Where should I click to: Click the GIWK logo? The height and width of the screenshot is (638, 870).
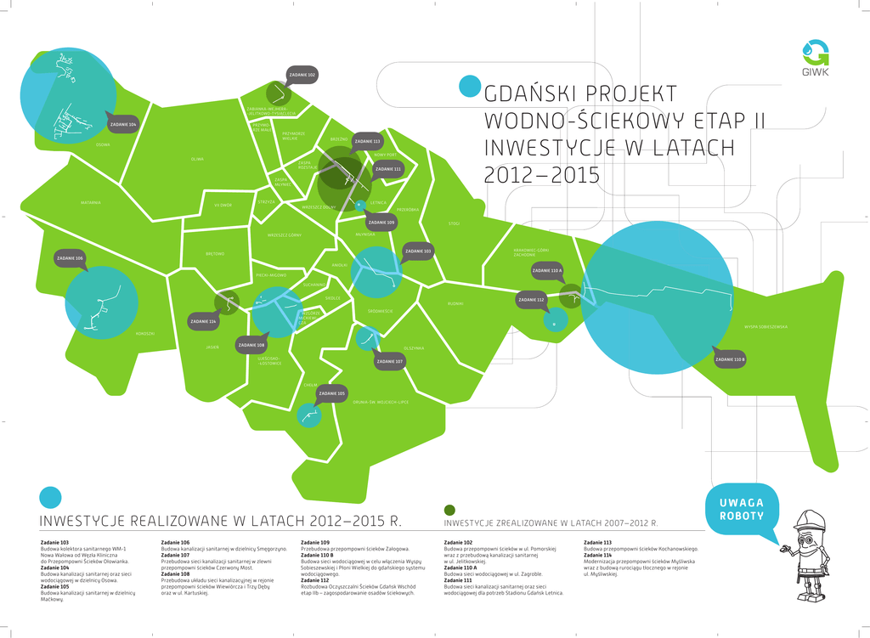(816, 58)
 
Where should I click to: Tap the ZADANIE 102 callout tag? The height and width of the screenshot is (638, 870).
(302, 76)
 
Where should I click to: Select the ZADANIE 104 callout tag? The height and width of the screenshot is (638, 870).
(122, 125)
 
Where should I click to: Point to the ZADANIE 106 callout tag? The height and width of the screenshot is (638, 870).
(70, 258)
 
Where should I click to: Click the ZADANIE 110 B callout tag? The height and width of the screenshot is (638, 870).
(730, 359)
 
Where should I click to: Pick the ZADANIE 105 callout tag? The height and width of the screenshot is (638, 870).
(331, 393)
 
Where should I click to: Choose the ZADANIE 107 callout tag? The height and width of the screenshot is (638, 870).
(389, 361)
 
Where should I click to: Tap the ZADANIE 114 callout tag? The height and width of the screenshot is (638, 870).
(204, 322)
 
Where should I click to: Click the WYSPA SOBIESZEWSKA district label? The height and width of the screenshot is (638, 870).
(765, 326)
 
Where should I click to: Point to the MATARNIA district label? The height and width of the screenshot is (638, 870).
(91, 202)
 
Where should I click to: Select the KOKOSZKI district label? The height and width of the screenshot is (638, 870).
(145, 333)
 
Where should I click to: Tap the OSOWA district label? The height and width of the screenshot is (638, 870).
(103, 144)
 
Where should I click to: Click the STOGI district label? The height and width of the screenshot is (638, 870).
(454, 223)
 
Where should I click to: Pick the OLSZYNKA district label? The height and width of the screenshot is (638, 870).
(414, 347)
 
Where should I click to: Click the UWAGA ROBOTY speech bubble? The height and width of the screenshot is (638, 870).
(741, 510)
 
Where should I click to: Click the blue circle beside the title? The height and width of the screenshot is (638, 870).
(469, 87)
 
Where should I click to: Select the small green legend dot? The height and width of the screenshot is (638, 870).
(449, 510)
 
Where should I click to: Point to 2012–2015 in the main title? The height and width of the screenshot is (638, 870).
(541, 175)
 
